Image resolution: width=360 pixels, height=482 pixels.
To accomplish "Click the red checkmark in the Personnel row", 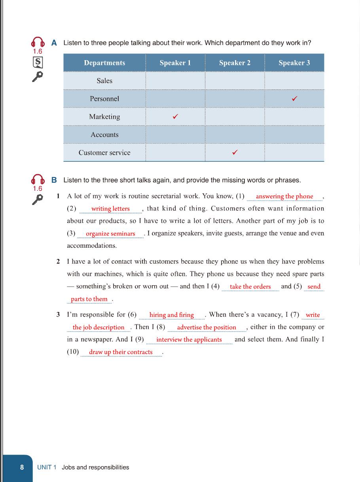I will click(294, 99).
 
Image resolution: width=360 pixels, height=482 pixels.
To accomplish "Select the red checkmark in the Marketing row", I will click(175, 117).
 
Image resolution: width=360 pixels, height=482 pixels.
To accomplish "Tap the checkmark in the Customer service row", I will click(235, 152).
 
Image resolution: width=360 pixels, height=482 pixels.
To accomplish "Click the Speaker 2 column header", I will click(235, 63).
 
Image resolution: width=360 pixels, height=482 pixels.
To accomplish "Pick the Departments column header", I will click(104, 63).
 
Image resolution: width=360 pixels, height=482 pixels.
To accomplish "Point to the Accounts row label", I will click(104, 135).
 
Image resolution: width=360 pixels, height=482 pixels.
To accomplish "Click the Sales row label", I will click(104, 81).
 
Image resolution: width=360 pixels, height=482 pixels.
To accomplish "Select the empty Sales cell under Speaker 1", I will click(175, 81).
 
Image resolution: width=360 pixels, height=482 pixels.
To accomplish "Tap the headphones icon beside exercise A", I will click(38, 42).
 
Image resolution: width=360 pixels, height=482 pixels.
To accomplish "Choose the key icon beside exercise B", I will click(37, 200).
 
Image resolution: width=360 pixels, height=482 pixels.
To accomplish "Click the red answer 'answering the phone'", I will click(284, 196).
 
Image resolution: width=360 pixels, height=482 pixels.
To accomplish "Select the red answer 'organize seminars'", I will click(110, 233).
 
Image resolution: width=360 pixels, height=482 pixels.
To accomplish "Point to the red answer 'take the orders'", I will click(250, 287).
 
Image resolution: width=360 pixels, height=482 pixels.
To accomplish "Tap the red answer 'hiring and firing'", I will click(171, 315).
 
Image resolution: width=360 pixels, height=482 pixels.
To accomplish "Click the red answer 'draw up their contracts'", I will click(121, 352).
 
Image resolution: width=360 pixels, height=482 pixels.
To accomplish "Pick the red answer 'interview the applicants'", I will click(189, 340).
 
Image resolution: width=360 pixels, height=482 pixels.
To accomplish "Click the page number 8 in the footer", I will click(22, 467).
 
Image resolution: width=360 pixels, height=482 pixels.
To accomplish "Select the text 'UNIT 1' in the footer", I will click(47, 467).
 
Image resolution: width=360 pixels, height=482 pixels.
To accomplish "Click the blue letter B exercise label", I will click(54, 180).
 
